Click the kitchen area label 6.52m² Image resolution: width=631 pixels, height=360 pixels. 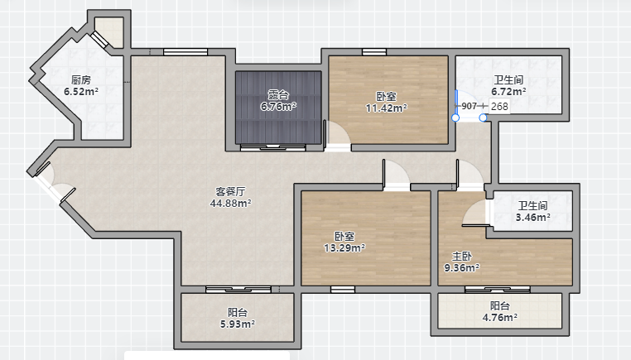tap(81, 92)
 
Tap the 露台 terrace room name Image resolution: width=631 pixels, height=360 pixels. tap(278, 95)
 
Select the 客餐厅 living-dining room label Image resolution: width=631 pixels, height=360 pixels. tap(230, 192)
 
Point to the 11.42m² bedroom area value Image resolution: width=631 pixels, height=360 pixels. tap(387, 108)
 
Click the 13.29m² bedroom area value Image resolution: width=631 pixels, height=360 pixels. tap(344, 248)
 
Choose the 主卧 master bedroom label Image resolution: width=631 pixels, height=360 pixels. tap(461, 257)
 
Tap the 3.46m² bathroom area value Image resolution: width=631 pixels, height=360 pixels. tap(533, 218)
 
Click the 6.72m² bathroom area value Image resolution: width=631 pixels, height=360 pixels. tap(508, 92)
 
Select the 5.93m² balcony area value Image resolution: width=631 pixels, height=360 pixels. tap(238, 324)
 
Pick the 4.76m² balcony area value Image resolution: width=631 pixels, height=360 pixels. tap(500, 317)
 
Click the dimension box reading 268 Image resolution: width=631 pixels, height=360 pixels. tap(499, 107)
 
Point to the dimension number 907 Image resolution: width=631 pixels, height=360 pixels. tap(470, 106)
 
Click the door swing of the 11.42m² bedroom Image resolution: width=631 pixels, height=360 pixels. tap(337, 132)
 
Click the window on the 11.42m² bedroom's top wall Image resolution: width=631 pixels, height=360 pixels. tap(374, 52)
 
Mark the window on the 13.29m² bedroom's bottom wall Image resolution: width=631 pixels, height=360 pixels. tap(343, 289)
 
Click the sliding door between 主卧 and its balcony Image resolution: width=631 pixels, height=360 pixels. tap(498, 289)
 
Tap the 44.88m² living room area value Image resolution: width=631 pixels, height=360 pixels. tap(230, 204)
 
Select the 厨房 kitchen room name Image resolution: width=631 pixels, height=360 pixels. tap(81, 80)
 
